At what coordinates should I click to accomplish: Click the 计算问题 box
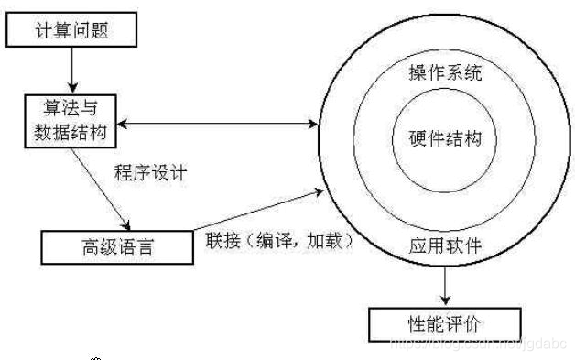pyautogui.click(x=72, y=30)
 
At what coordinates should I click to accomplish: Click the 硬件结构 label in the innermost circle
pyautogui.click(x=445, y=139)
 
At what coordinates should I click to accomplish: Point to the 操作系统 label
pyautogui.click(x=445, y=72)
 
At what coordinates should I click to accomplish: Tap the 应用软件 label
pyautogui.click(x=446, y=245)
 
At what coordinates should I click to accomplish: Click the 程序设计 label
pyautogui.click(x=151, y=172)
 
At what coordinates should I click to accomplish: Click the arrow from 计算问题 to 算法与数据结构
pyautogui.click(x=72, y=68)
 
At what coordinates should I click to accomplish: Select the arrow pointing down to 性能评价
pyautogui.click(x=446, y=287)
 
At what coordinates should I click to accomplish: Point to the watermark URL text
pyautogui.click(x=476, y=343)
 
